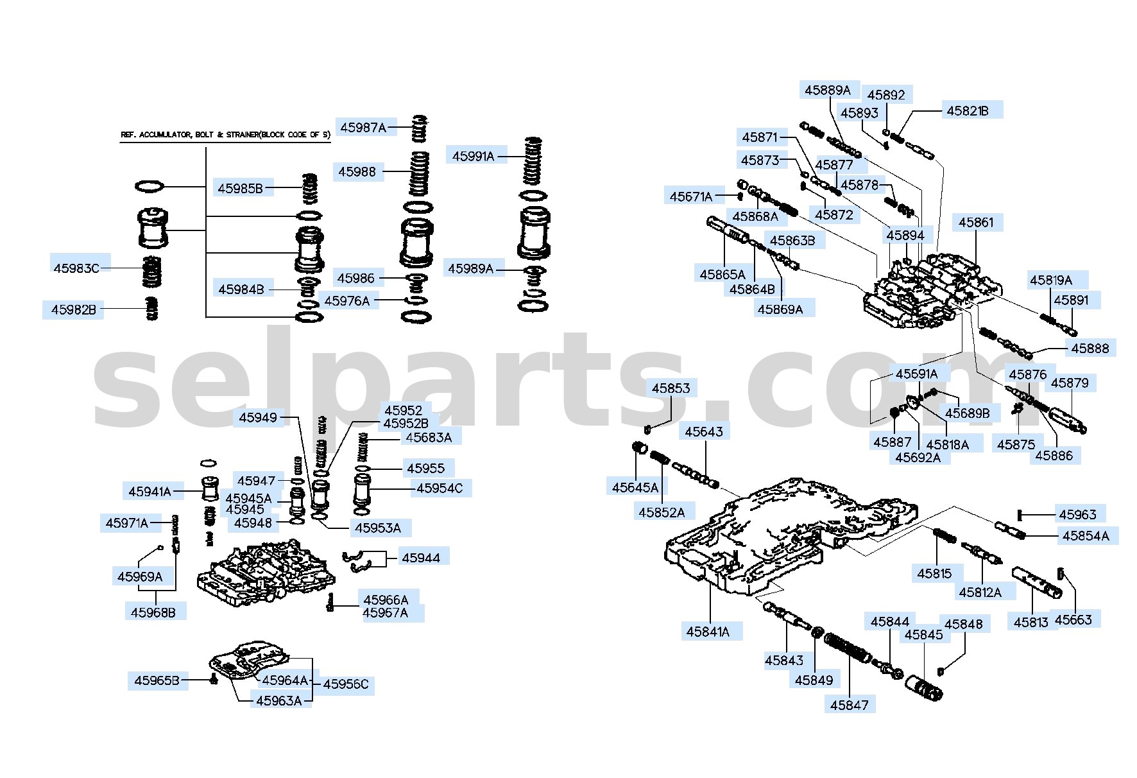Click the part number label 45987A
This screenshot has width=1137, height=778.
pyautogui.click(x=363, y=128)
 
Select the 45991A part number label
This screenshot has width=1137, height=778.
pyautogui.click(x=474, y=156)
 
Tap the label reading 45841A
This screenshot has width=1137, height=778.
pyautogui.click(x=708, y=632)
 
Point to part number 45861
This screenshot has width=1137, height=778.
pyautogui.click(x=976, y=223)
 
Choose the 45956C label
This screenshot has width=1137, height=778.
pyautogui.click(x=346, y=684)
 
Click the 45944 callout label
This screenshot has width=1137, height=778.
pyautogui.click(x=421, y=558)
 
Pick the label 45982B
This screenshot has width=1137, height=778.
pyautogui.click(x=74, y=310)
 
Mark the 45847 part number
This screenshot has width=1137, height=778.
pyautogui.click(x=849, y=705)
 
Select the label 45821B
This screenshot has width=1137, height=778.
pyautogui.click(x=968, y=110)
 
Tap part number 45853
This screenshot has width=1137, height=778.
pyautogui.click(x=671, y=388)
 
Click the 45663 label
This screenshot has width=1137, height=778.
pyautogui.click(x=1073, y=619)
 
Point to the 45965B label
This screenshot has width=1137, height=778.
pyautogui.click(x=157, y=680)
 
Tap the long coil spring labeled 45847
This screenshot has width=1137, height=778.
pyautogui.click(x=847, y=649)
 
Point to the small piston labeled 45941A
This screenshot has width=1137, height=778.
pyautogui.click(x=210, y=488)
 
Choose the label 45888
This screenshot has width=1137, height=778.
pyautogui.click(x=1090, y=348)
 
